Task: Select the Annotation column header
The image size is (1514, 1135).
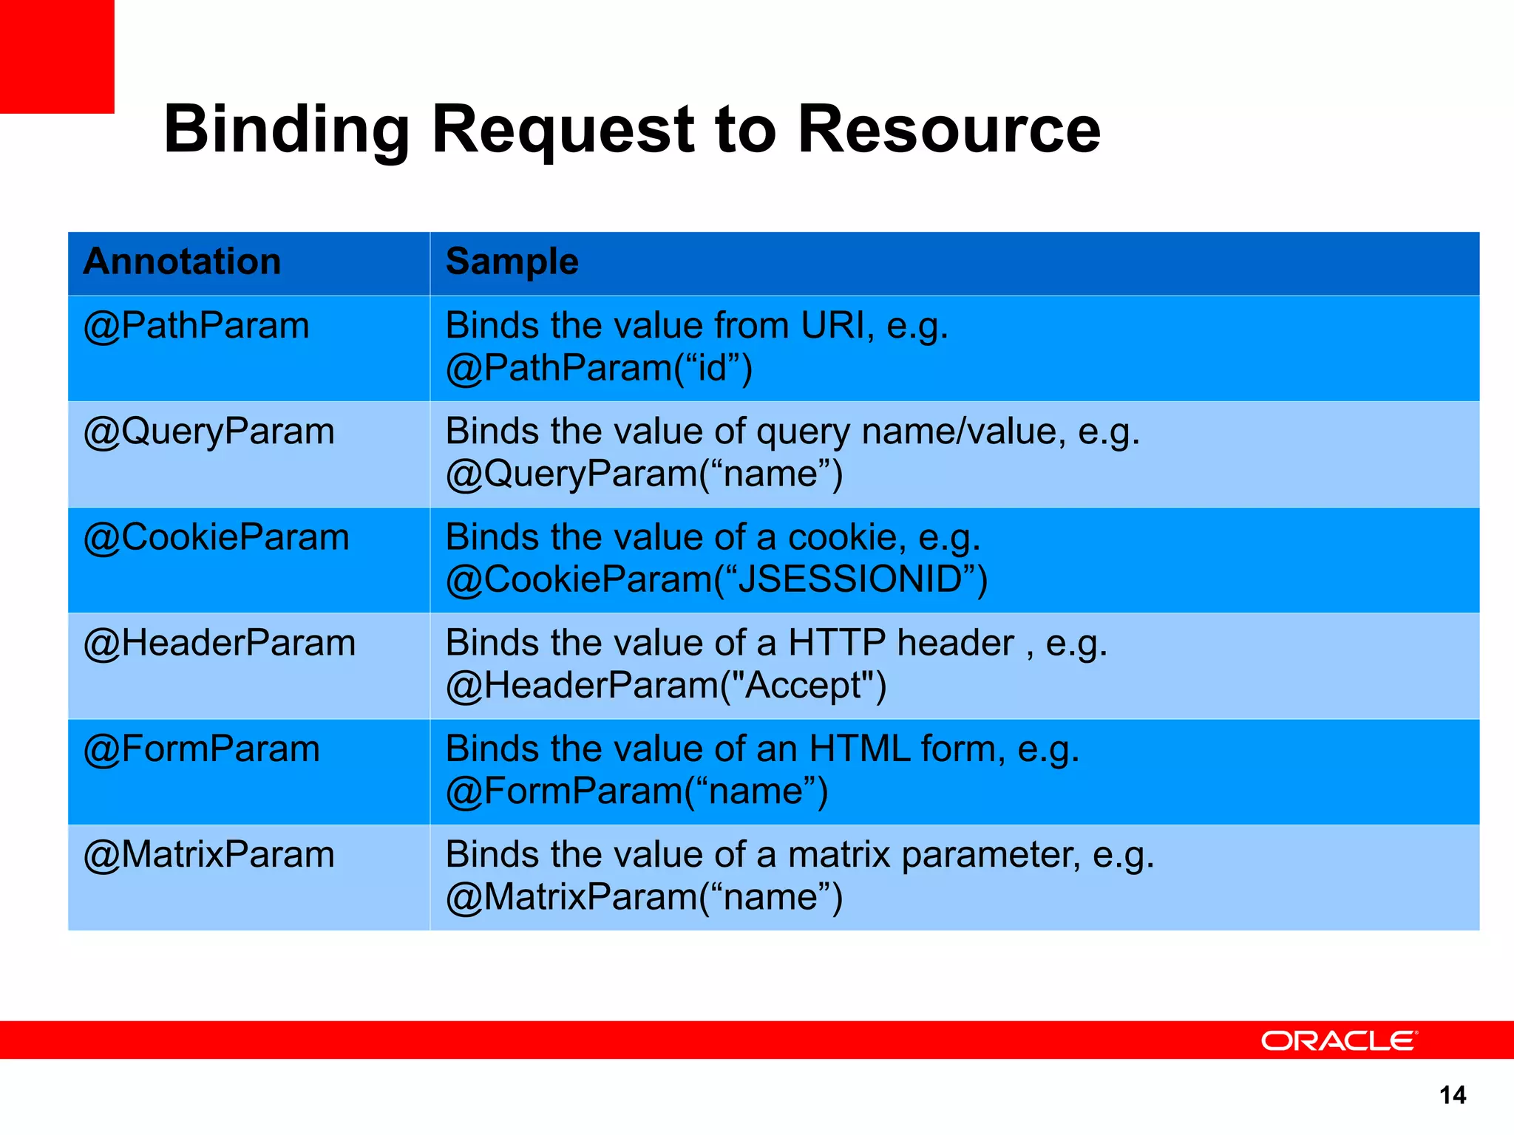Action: point(182,262)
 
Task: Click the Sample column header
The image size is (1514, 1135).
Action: point(512,262)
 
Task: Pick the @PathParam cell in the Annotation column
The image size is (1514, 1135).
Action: point(196,326)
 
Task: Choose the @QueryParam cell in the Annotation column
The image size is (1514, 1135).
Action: point(208,432)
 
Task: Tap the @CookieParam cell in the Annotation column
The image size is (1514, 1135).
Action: point(216,537)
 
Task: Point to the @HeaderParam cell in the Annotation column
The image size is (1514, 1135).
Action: point(220,643)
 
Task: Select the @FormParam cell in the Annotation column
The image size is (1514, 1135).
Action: point(201,749)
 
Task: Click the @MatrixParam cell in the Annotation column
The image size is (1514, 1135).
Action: point(208,855)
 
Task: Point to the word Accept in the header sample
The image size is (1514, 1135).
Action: point(804,685)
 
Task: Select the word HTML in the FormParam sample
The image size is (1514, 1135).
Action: point(860,749)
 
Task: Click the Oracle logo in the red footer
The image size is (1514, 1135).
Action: point(1339,1040)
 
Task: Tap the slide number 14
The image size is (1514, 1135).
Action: point(1453,1095)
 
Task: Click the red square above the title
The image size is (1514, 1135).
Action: point(57,56)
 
